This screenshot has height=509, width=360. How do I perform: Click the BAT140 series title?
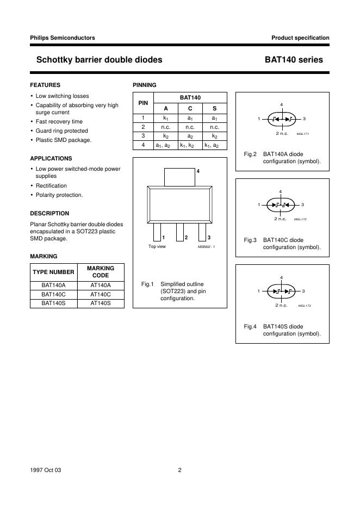click(x=294, y=60)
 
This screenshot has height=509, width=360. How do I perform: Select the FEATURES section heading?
click(x=45, y=85)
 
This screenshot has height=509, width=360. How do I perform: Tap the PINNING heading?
click(x=145, y=85)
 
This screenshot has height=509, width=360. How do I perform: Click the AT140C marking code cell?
click(x=101, y=294)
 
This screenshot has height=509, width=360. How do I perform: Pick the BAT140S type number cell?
click(x=53, y=303)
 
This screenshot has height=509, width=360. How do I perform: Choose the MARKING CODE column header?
click(x=101, y=272)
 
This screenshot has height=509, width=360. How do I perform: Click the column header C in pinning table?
click(x=190, y=108)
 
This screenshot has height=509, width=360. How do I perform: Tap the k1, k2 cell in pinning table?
click(x=190, y=145)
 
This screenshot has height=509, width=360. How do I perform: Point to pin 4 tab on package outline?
click(x=179, y=177)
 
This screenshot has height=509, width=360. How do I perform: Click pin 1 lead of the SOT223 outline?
click(x=157, y=231)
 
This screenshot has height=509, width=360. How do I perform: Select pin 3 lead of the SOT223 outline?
click(x=202, y=231)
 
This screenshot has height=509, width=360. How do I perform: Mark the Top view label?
click(x=157, y=246)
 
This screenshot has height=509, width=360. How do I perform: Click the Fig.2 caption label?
click(x=250, y=154)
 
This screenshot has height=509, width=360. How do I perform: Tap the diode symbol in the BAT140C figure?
click(x=281, y=204)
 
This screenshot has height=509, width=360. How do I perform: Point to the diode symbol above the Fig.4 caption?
click(x=281, y=291)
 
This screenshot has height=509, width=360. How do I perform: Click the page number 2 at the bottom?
click(x=179, y=470)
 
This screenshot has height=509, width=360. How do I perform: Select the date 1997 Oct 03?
click(x=46, y=470)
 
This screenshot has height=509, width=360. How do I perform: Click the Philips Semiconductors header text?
click(x=63, y=38)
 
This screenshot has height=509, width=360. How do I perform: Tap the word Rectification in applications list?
click(x=51, y=186)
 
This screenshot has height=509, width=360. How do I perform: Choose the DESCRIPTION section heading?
click(x=49, y=214)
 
